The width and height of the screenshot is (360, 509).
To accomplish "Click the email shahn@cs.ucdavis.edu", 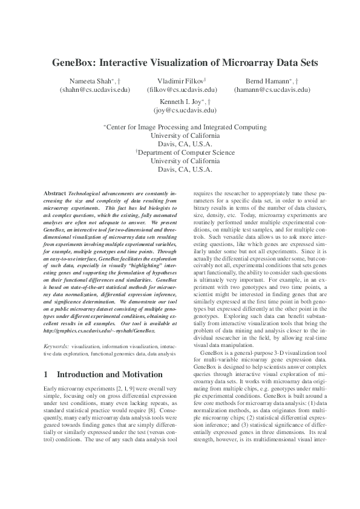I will coord(95,89).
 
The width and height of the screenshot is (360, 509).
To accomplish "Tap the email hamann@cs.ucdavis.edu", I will coord(272,89).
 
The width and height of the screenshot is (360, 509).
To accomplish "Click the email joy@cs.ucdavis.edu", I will coord(185,111).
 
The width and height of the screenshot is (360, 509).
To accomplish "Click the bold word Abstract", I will coord(55,192).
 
